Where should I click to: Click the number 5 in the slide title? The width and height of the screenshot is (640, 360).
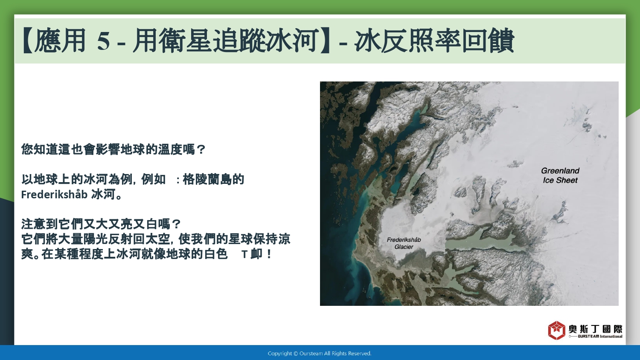(x=103, y=41)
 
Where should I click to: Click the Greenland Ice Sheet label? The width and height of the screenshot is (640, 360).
(x=560, y=175)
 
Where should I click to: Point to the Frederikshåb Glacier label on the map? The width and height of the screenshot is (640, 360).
(x=404, y=243)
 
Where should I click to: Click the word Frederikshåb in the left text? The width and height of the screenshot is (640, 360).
(x=54, y=195)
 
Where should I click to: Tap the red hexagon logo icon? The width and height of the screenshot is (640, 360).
(x=556, y=330)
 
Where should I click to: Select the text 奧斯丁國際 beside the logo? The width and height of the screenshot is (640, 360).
(x=595, y=329)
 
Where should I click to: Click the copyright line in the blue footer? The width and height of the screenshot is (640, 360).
(x=320, y=354)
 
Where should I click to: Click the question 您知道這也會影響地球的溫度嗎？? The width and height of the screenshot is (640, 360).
(x=113, y=149)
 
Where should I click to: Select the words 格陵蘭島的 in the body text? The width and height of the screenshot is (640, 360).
(x=213, y=180)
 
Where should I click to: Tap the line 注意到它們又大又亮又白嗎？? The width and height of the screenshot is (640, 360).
(x=101, y=224)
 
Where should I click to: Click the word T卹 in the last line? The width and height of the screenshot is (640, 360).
(x=252, y=254)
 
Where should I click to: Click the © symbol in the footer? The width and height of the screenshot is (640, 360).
(x=296, y=354)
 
